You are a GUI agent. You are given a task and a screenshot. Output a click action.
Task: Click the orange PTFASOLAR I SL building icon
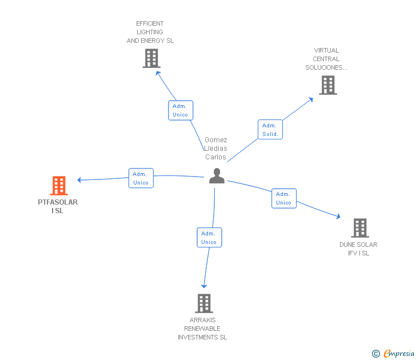pyautogui.click(x=58, y=186)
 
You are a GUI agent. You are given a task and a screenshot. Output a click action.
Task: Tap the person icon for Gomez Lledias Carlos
pyautogui.click(x=217, y=176)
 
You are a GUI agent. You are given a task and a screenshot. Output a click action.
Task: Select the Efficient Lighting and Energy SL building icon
pyautogui.click(x=151, y=58)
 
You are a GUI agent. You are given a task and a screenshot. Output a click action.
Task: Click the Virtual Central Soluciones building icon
pyautogui.click(x=327, y=85)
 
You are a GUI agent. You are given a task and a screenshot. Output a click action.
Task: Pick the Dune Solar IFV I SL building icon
pyautogui.click(x=359, y=228)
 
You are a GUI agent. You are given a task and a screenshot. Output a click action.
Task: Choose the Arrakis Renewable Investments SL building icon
pyautogui.click(x=204, y=303)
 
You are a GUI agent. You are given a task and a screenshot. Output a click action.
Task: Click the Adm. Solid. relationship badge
pyautogui.click(x=270, y=130)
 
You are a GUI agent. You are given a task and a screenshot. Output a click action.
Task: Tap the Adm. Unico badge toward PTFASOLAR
pyautogui.click(x=141, y=178)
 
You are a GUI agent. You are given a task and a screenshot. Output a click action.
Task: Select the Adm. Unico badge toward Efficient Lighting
pyautogui.click(x=181, y=110)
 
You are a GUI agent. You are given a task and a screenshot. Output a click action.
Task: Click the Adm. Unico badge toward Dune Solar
pyautogui.click(x=284, y=198)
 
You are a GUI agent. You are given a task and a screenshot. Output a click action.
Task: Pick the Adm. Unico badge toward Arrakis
pyautogui.click(x=209, y=238)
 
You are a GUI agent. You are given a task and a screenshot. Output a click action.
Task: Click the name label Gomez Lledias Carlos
pyautogui.click(x=216, y=149)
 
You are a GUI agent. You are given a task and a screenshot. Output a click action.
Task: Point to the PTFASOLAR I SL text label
pyautogui.click(x=58, y=206)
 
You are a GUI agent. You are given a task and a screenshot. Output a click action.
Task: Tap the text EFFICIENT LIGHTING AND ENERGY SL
pyautogui.click(x=150, y=33)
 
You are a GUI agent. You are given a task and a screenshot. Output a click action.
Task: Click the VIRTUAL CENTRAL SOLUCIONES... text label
pyautogui.click(x=326, y=59)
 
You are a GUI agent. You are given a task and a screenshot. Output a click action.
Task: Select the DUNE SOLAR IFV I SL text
pyautogui.click(x=358, y=249)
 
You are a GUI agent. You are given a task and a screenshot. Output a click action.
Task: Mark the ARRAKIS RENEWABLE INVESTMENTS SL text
pyautogui.click(x=202, y=329)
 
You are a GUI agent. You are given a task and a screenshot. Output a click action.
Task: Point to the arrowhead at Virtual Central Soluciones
pyautogui.click(x=311, y=99)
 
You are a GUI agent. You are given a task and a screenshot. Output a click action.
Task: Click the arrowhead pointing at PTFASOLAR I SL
pyautogui.click(x=79, y=180)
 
